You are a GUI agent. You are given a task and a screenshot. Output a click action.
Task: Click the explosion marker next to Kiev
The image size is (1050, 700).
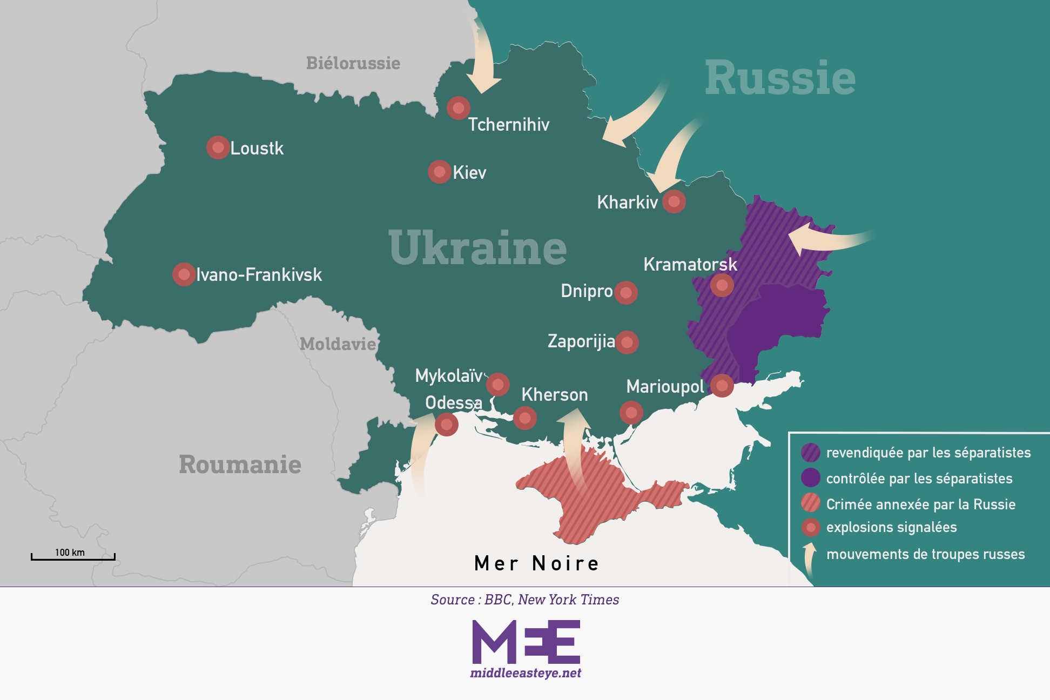pyautogui.click(x=440, y=172)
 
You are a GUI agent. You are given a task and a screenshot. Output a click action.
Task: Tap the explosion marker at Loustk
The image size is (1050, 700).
pyautogui.click(x=218, y=147)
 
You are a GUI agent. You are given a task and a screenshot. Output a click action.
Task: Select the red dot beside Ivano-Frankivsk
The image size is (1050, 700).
pyautogui.click(x=184, y=274)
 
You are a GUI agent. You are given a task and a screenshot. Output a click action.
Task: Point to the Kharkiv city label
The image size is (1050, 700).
pyautogui.click(x=627, y=203)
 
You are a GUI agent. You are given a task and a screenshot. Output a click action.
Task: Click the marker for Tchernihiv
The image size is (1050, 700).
pyautogui.click(x=458, y=108)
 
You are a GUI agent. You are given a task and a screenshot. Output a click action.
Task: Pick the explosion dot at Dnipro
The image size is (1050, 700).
pyautogui.click(x=626, y=293)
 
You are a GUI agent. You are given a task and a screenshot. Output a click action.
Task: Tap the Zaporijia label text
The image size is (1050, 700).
pyautogui.click(x=581, y=341)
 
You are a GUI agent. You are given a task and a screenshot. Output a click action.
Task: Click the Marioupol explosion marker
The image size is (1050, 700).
pyautogui.click(x=722, y=385)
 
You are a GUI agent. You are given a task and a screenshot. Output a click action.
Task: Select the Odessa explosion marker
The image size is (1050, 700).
pyautogui.click(x=446, y=425)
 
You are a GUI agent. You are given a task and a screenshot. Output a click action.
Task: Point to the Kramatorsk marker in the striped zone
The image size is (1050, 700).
pyautogui.click(x=722, y=285)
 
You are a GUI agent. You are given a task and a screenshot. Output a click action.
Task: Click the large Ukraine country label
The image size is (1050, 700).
pyautogui.click(x=477, y=248)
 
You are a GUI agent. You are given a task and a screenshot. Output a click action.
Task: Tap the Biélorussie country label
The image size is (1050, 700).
pyautogui.click(x=353, y=63)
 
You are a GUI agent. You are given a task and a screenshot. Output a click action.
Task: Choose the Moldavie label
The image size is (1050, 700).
pyautogui.click(x=338, y=344)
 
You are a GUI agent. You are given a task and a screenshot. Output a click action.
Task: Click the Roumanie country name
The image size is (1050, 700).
pyautogui.click(x=240, y=464)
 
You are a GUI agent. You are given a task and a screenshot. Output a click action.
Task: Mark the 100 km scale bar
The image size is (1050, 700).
pyautogui.click(x=73, y=556)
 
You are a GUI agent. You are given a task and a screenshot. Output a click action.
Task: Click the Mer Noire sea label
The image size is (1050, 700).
pyautogui.click(x=536, y=563)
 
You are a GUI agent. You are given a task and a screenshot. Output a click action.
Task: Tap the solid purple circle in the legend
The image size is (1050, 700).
pyautogui.click(x=810, y=477)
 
